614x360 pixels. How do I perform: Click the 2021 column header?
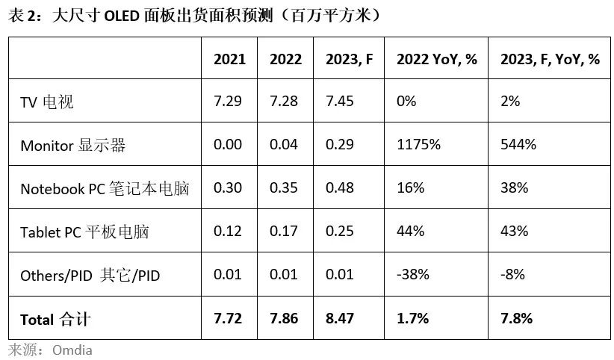pos(229,59)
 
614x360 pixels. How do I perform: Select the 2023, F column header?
pos(349,60)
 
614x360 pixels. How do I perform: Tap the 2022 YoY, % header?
pos(437,59)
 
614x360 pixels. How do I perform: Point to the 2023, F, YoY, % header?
pos(550,60)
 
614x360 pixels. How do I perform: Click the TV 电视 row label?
pos(46,102)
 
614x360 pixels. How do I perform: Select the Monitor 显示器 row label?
pos(73,146)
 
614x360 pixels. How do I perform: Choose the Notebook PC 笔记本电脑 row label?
pos(105,188)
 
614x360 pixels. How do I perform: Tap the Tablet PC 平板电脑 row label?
pos(84,232)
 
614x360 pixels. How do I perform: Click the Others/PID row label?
pos(90,276)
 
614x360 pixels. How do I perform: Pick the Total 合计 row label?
pos(55,319)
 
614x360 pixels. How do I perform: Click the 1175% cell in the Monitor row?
pos(418,145)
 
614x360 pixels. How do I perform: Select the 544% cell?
pos(518,145)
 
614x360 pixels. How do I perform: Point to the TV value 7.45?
pos(340,102)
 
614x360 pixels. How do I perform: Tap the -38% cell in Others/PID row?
pos(413,274)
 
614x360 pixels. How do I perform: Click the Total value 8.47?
pos(340,318)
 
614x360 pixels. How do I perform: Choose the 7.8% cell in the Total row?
pos(516,318)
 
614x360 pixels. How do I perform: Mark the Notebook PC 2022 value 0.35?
pos(284,187)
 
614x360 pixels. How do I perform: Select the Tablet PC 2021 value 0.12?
pos(228,231)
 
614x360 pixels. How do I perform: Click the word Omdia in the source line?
pos(72,350)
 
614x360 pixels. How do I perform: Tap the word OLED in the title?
pos(122,16)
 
